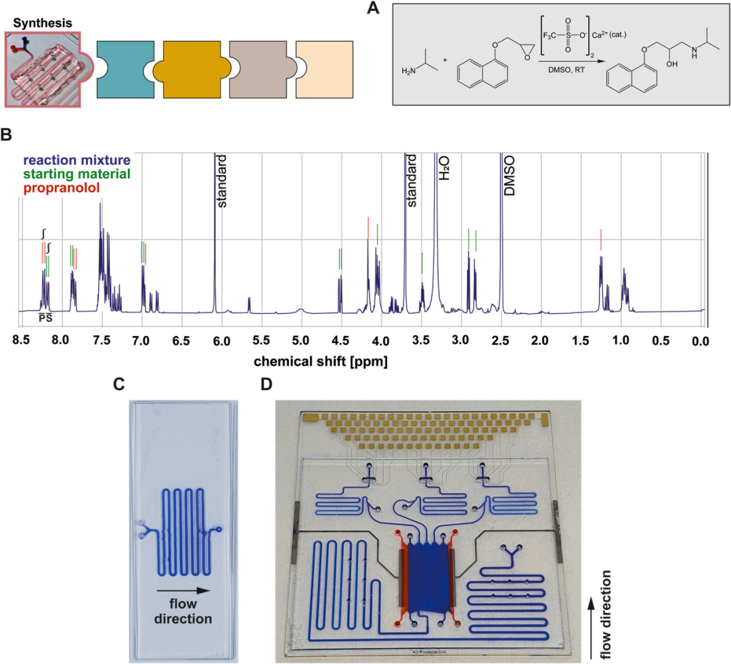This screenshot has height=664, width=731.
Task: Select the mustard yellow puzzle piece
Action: coord(192,69)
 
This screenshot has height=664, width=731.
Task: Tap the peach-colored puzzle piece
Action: coord(324,69)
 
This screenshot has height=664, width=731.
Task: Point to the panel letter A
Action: coord(370,9)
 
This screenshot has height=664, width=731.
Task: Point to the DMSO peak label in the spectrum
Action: coord(509,174)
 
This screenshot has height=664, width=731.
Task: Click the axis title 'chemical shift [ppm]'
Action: coord(322,362)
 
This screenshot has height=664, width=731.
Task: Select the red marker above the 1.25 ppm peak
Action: coord(600,239)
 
